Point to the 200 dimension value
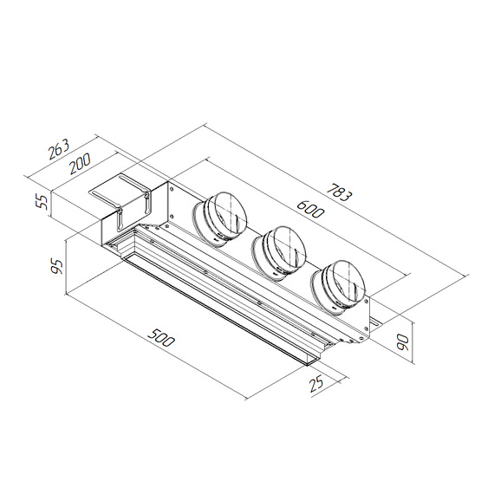pos(81,162)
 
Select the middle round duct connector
pos(279,250)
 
